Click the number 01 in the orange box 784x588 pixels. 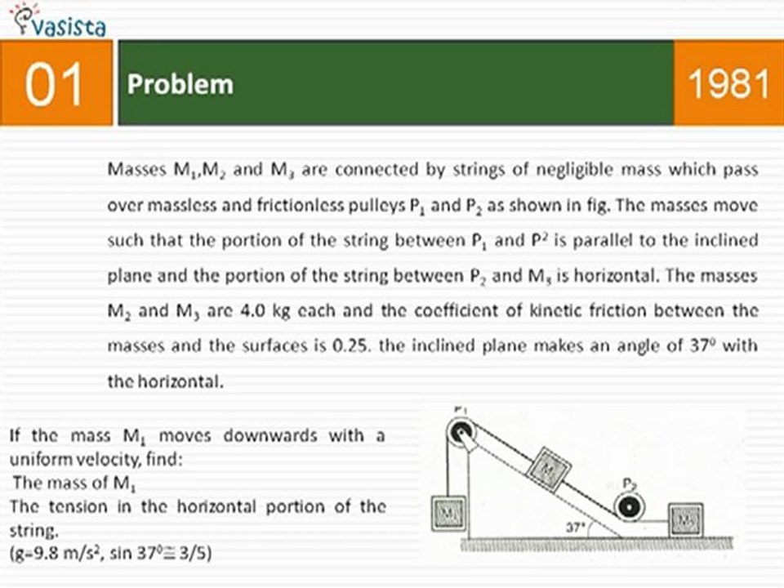coord(55,85)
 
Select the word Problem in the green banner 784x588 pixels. coord(180,85)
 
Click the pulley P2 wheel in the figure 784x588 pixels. coord(630,507)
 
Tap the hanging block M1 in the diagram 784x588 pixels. coord(449,513)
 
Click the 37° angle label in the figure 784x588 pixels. coord(577,528)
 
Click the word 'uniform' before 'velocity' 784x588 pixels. coord(36,459)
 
